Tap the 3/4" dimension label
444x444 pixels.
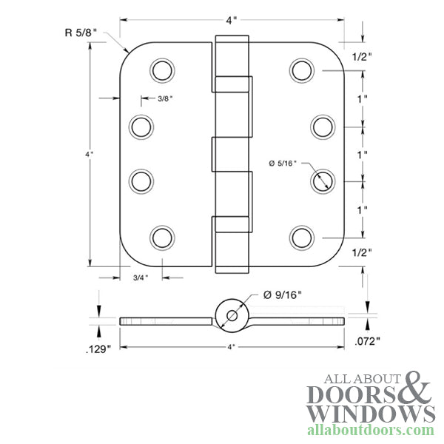(140, 277)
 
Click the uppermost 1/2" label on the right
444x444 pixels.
(361, 58)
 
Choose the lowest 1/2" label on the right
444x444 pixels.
(361, 252)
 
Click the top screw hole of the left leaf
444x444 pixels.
(161, 70)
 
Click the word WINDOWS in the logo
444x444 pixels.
(370, 412)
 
